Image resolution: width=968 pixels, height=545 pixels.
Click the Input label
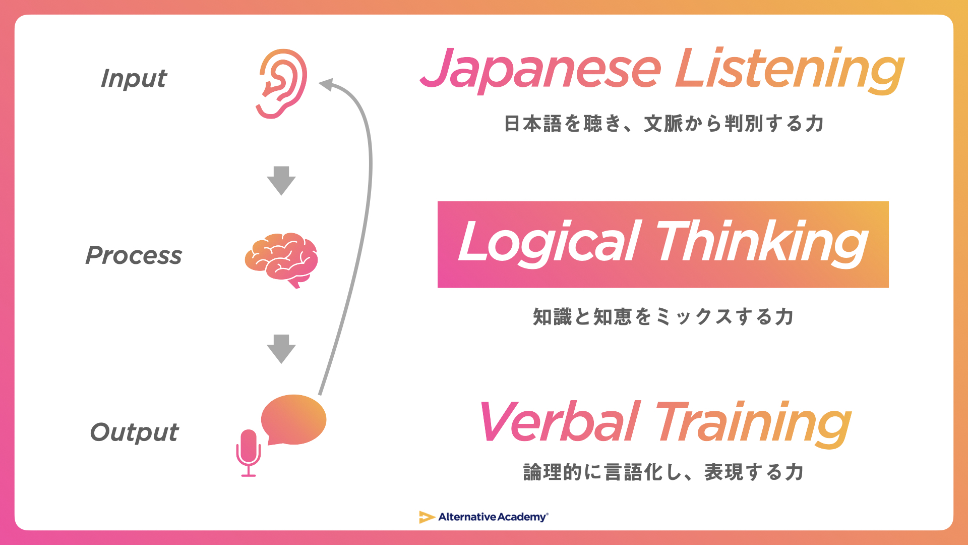(x=134, y=79)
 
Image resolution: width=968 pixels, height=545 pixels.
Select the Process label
(x=134, y=255)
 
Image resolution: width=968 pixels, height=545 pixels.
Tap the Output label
(x=134, y=432)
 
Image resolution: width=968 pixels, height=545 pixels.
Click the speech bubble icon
(x=294, y=419)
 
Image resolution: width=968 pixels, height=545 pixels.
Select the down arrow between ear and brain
(x=281, y=180)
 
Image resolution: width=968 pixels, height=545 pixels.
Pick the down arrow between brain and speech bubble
(x=281, y=349)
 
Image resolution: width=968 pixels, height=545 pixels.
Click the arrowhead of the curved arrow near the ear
(x=326, y=84)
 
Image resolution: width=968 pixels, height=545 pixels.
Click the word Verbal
(x=560, y=422)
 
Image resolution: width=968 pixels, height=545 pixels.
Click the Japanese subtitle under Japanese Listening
(x=664, y=124)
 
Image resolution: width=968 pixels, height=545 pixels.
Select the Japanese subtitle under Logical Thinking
(x=663, y=317)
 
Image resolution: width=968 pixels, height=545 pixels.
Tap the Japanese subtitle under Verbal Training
(x=663, y=472)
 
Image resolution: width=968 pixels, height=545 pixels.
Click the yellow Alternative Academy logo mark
(x=427, y=517)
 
